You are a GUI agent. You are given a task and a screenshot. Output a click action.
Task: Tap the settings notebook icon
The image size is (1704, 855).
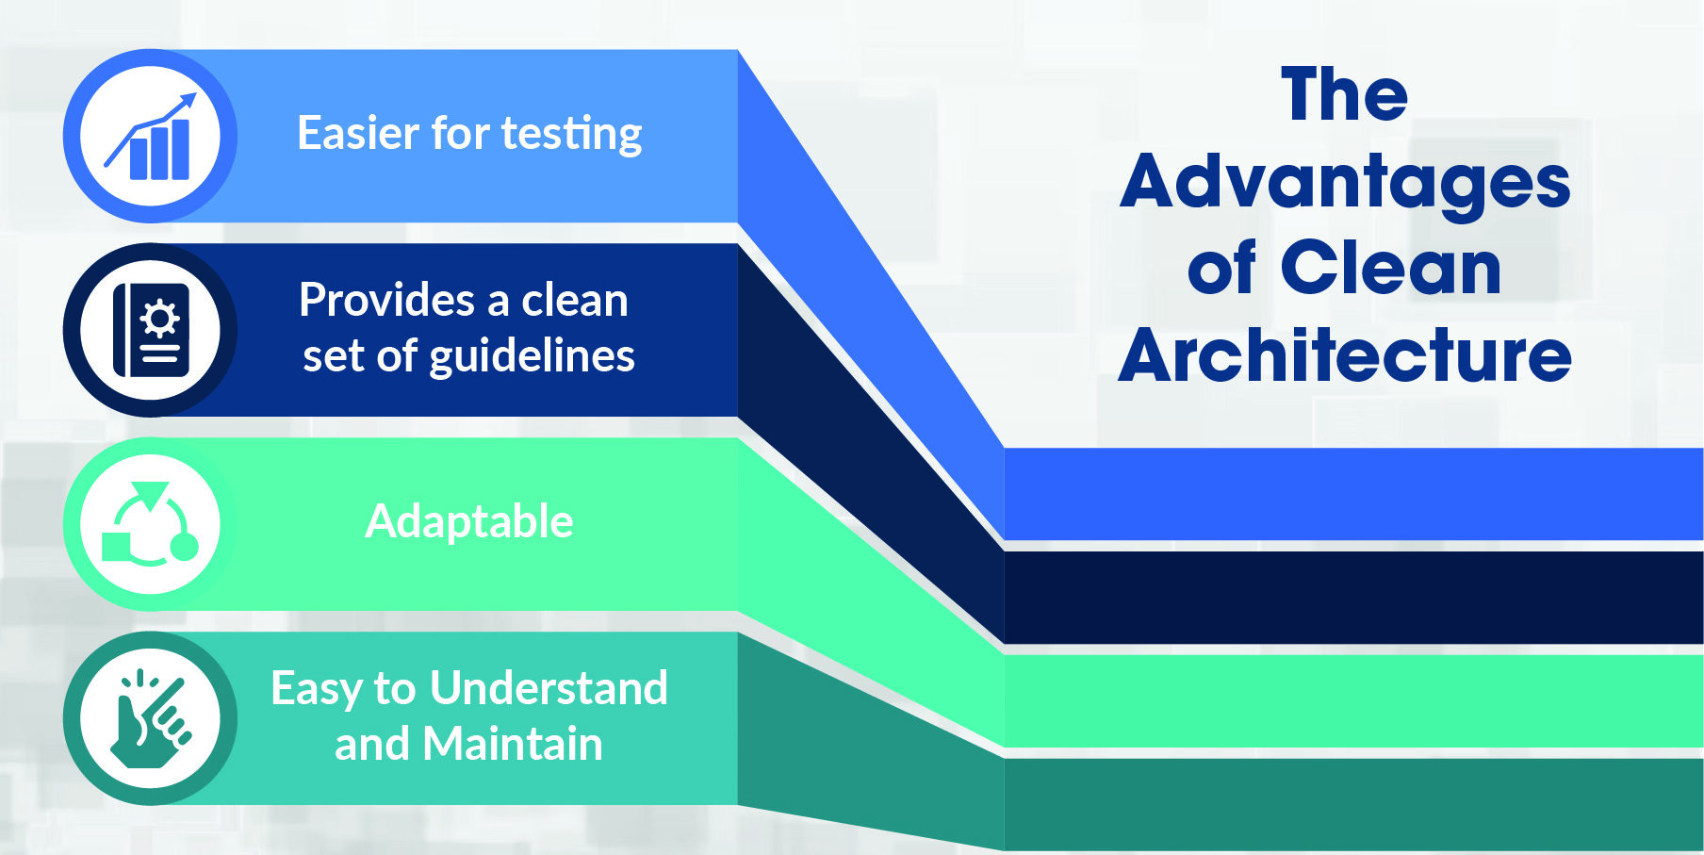point(151,330)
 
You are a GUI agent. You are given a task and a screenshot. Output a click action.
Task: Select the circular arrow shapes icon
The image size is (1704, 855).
point(150,524)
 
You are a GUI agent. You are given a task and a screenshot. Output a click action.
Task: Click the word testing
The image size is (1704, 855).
point(572,134)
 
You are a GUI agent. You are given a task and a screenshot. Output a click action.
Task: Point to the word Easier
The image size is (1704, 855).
point(359,133)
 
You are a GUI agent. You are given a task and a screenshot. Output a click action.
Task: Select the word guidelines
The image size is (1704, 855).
point(532,357)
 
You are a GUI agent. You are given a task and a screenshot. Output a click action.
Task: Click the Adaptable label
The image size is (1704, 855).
point(469,521)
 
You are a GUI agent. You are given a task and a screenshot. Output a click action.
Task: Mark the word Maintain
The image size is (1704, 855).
point(513,744)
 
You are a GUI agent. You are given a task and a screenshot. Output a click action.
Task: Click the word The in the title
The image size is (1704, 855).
point(1345,94)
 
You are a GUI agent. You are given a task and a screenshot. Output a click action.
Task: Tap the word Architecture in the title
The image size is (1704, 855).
point(1345,355)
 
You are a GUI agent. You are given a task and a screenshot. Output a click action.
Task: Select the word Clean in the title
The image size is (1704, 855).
point(1391,268)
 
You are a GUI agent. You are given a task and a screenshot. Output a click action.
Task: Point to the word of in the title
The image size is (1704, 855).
point(1221,268)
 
